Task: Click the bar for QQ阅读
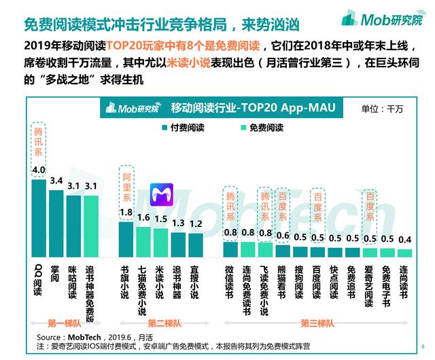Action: click(x=39, y=217)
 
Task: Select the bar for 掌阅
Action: click(x=56, y=223)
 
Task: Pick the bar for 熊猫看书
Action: click(x=283, y=250)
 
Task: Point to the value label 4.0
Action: click(x=39, y=169)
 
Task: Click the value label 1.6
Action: click(x=143, y=217)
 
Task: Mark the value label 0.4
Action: click(x=405, y=239)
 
